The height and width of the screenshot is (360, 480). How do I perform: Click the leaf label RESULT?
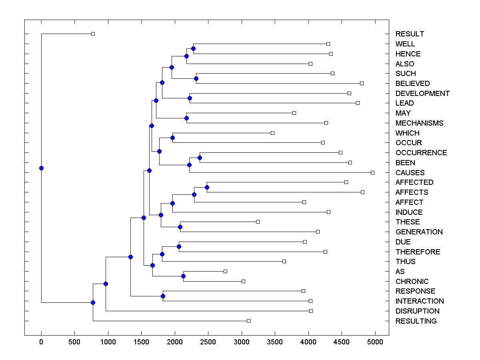[410, 34]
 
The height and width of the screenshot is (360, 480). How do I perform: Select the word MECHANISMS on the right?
[419, 123]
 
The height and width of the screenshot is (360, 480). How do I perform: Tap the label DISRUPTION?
[417, 311]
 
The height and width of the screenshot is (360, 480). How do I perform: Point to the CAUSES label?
[410, 173]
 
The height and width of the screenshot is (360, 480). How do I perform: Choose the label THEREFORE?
[418, 252]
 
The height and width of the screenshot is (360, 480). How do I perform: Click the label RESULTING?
[416, 321]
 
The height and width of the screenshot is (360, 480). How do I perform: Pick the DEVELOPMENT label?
[422, 94]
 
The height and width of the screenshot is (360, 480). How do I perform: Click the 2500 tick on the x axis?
[208, 341]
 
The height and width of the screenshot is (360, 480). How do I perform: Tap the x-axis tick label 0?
[41, 341]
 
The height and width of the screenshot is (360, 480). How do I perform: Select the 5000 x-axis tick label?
[375, 341]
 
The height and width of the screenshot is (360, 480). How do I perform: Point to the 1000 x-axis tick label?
[108, 341]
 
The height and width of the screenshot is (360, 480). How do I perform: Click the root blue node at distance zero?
[41, 168]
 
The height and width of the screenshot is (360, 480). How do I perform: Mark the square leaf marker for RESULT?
[93, 34]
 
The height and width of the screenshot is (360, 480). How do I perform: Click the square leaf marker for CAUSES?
[372, 172]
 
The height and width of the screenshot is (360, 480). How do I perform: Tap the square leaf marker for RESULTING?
[248, 321]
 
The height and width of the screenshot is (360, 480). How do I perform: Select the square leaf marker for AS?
[225, 271]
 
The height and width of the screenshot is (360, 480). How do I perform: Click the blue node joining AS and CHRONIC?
[183, 276]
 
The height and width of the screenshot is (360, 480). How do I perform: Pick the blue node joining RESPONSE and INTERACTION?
[163, 296]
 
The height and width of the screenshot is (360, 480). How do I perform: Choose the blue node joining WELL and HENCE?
[193, 49]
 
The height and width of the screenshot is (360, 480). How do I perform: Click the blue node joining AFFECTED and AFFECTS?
[207, 187]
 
